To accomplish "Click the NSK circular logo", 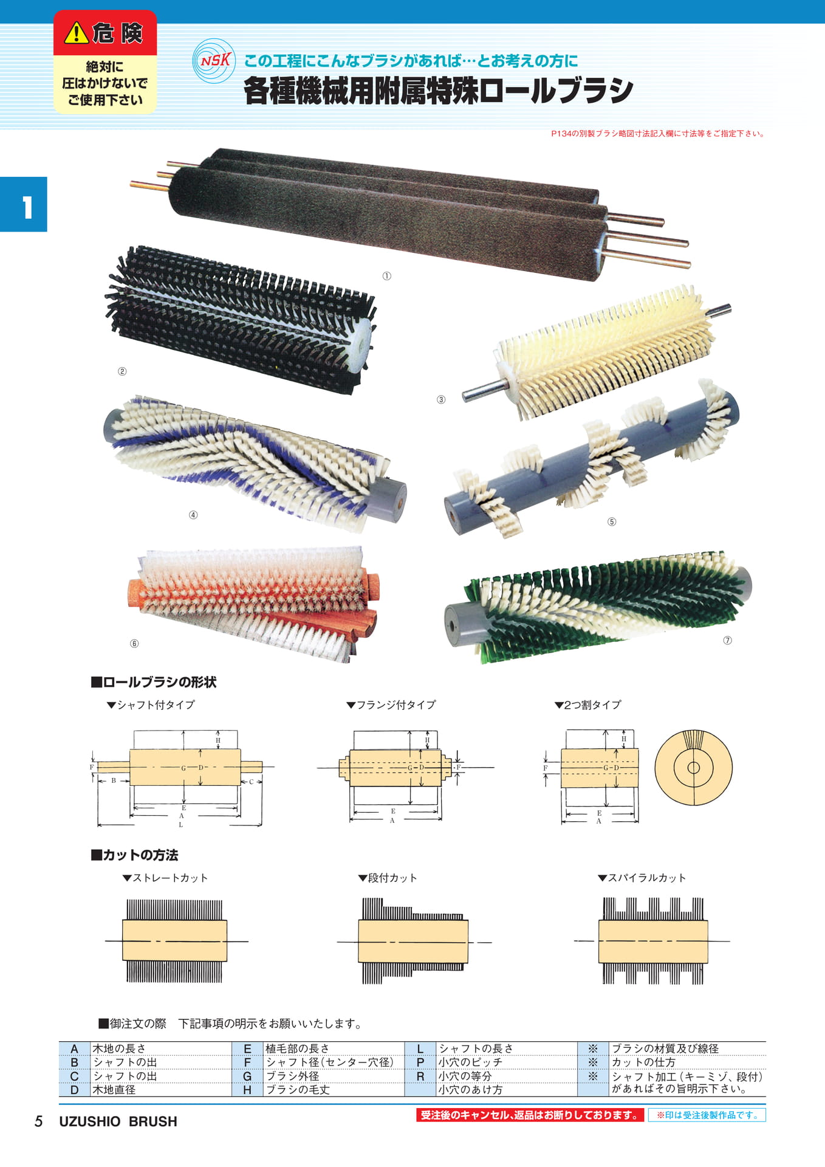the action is click(214, 61).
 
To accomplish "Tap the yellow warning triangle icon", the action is click(77, 33).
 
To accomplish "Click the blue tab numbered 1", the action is click(24, 204).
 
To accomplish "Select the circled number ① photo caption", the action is click(387, 276).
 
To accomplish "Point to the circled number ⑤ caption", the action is click(612, 522).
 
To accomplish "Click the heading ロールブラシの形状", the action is click(154, 682).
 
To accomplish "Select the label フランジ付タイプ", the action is click(391, 704).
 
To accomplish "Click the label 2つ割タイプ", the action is click(587, 704).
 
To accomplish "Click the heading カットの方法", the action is click(134, 855).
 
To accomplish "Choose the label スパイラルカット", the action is click(642, 878).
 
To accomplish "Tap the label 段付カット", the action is click(388, 878).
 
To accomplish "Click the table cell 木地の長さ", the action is click(119, 1048).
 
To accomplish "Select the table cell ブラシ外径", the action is click(293, 1076).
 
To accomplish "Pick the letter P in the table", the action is click(420, 1062).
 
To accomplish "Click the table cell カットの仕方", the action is click(643, 1062).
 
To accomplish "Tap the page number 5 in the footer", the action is click(39, 1121).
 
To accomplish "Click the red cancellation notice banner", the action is click(530, 1115).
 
